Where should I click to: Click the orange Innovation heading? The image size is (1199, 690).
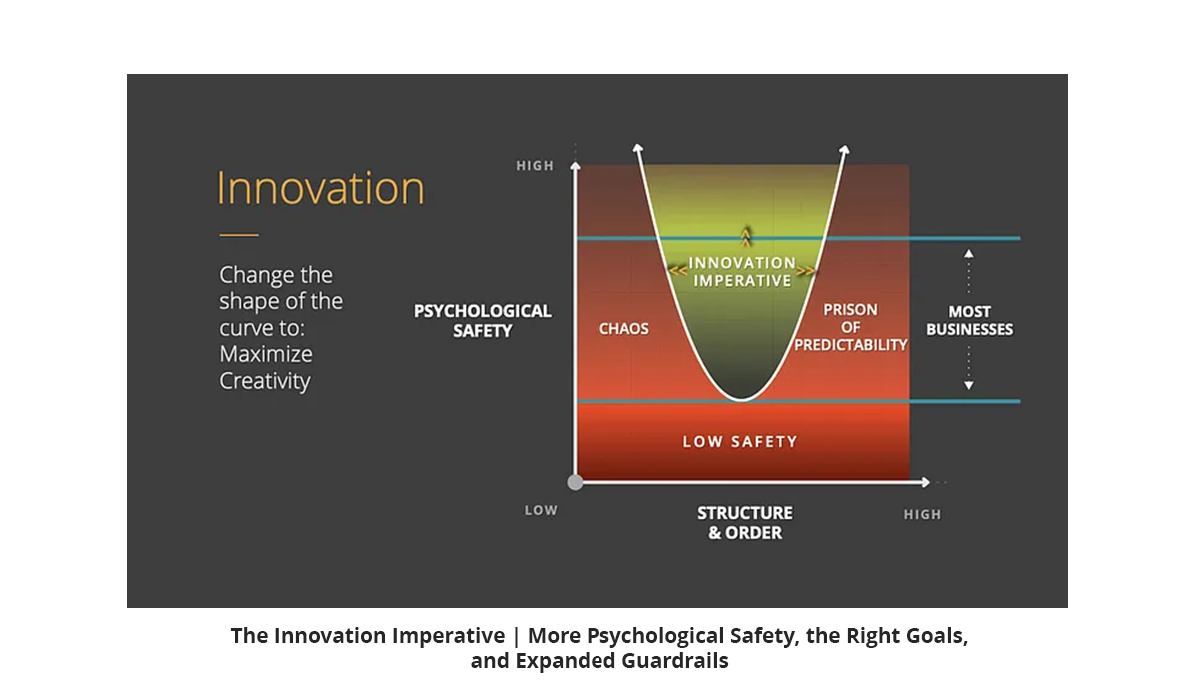320,188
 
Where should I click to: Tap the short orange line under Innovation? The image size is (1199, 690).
239,235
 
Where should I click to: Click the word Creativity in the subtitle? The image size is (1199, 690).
265,381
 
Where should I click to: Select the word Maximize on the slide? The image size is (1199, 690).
266,354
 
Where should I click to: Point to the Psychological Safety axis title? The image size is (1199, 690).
483,321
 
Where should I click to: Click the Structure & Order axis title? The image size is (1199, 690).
745,523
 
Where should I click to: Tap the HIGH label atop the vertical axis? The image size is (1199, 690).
535,166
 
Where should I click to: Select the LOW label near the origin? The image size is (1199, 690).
541,511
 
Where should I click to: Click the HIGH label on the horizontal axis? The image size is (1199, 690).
922,514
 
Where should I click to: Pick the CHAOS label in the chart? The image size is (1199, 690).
624,328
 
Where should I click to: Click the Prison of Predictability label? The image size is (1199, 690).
851,327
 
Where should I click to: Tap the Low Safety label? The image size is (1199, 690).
740,441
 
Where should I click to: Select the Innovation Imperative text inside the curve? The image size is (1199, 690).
742,272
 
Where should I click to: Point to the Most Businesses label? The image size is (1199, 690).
969,320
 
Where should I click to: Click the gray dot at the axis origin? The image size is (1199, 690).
575,482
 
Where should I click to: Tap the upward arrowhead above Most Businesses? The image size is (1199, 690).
969,253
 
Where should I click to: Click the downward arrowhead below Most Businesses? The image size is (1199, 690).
969,385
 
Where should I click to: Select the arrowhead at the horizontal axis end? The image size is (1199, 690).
925,482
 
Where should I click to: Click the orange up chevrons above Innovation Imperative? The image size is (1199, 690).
745,237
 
